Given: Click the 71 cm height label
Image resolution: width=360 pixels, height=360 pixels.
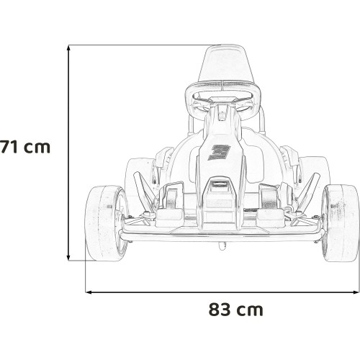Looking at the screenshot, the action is [x=25, y=147].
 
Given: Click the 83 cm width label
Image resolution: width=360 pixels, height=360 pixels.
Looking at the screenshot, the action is [x=236, y=310].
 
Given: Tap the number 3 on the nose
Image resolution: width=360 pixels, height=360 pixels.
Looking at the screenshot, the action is [x=218, y=153].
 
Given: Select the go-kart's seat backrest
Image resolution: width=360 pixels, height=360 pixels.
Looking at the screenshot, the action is [x=226, y=63].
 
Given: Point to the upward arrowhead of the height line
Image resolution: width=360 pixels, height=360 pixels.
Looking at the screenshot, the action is [x=68, y=48].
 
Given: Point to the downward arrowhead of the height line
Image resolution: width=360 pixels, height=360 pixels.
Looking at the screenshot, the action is [x=68, y=258].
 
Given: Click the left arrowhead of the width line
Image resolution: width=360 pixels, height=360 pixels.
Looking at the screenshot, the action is [x=89, y=292].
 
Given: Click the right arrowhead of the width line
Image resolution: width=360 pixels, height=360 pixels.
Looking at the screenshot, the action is [x=356, y=292].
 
